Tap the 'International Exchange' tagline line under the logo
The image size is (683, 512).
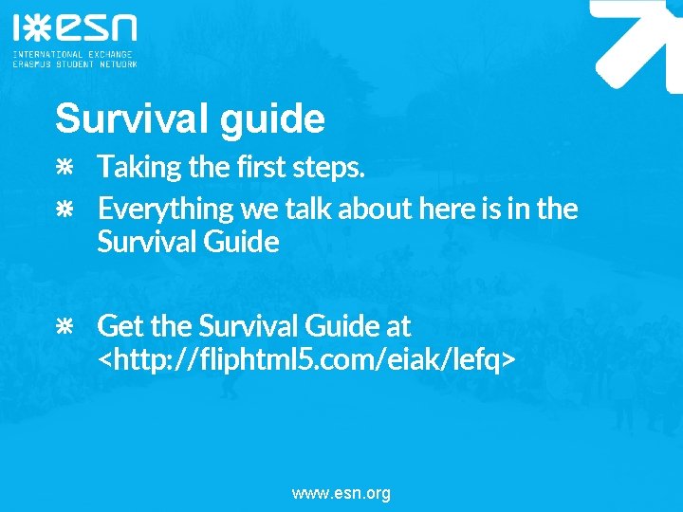tap(72, 54)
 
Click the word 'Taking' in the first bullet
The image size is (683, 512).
tap(139, 168)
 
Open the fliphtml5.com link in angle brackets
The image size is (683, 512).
tap(307, 360)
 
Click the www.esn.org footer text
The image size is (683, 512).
tap(341, 493)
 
